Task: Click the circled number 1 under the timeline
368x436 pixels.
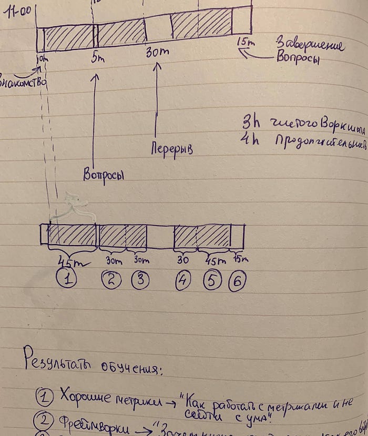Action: click(x=67, y=279)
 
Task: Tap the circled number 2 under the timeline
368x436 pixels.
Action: click(x=111, y=280)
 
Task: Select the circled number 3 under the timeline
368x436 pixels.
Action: click(x=140, y=280)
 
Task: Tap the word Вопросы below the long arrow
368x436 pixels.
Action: click(x=103, y=174)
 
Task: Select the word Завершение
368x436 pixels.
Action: click(x=310, y=45)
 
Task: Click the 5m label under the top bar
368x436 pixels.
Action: click(x=97, y=57)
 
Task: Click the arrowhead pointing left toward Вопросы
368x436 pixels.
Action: click(x=241, y=52)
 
